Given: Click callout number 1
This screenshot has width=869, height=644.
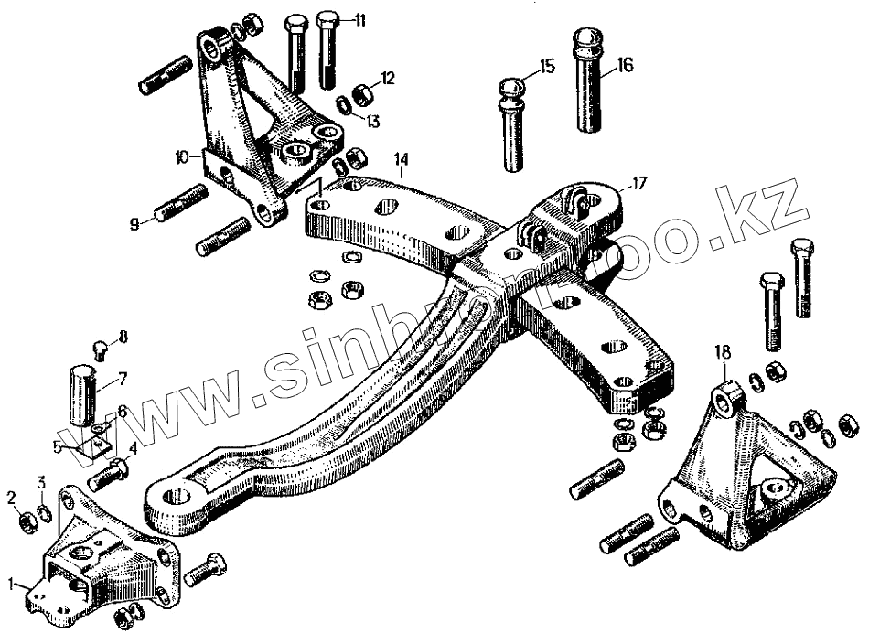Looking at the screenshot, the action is click(12, 581).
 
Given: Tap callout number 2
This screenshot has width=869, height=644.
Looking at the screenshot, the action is click(12, 498).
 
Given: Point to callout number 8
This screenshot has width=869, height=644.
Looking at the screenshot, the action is click(124, 336).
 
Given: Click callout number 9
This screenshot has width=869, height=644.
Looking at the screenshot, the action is click(134, 222).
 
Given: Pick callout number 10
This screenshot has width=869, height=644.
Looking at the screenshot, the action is click(183, 157).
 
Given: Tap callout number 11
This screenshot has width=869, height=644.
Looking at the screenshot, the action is click(359, 20).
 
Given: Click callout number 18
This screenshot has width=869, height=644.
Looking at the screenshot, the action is click(723, 350).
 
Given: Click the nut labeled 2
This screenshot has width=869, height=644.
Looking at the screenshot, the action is click(27, 522).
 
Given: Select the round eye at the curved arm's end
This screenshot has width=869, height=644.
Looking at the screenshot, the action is click(174, 501).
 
